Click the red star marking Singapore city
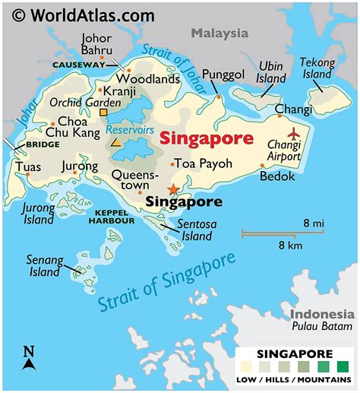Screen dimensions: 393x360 [x=174, y=189]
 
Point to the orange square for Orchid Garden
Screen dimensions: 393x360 [x=104, y=113]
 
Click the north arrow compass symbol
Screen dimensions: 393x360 [x=29, y=358]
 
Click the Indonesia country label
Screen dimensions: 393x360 [x=322, y=314]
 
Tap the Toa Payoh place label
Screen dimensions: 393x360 [x=204, y=163]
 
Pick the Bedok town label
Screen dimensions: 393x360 [x=276, y=176]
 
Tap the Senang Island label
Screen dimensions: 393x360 [x=43, y=265]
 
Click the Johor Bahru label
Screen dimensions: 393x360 [x=96, y=44]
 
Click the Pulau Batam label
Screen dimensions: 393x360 [x=324, y=327]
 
